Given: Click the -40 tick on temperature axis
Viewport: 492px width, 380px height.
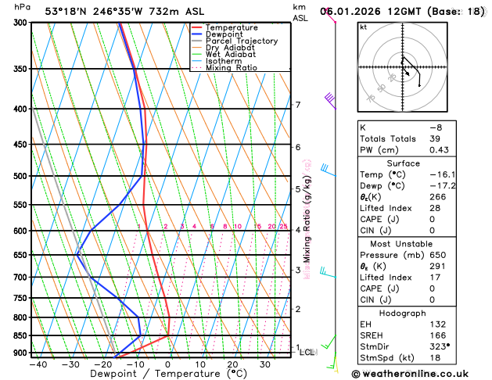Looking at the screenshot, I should (38, 364).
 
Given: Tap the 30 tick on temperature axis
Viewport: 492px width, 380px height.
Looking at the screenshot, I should (266, 364).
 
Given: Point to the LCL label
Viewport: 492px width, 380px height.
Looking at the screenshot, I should (307, 353).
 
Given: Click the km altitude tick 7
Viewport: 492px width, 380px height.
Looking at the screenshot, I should (298, 105).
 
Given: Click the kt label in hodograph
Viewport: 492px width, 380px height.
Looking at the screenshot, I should (363, 27).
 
